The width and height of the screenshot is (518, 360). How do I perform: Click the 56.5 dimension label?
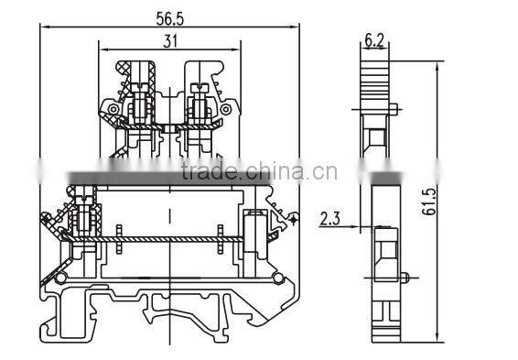click(x=170, y=19)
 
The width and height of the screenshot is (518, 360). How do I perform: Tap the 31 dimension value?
click(x=170, y=41)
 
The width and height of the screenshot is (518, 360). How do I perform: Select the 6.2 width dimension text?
click(x=374, y=40)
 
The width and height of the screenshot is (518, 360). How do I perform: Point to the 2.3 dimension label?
click(x=329, y=219)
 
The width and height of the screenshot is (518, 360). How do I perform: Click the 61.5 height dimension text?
click(x=429, y=202)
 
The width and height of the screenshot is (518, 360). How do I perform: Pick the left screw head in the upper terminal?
click(x=140, y=88)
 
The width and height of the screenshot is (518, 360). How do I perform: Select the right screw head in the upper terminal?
click(x=200, y=88)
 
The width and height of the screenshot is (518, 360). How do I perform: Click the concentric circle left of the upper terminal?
click(x=113, y=109)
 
